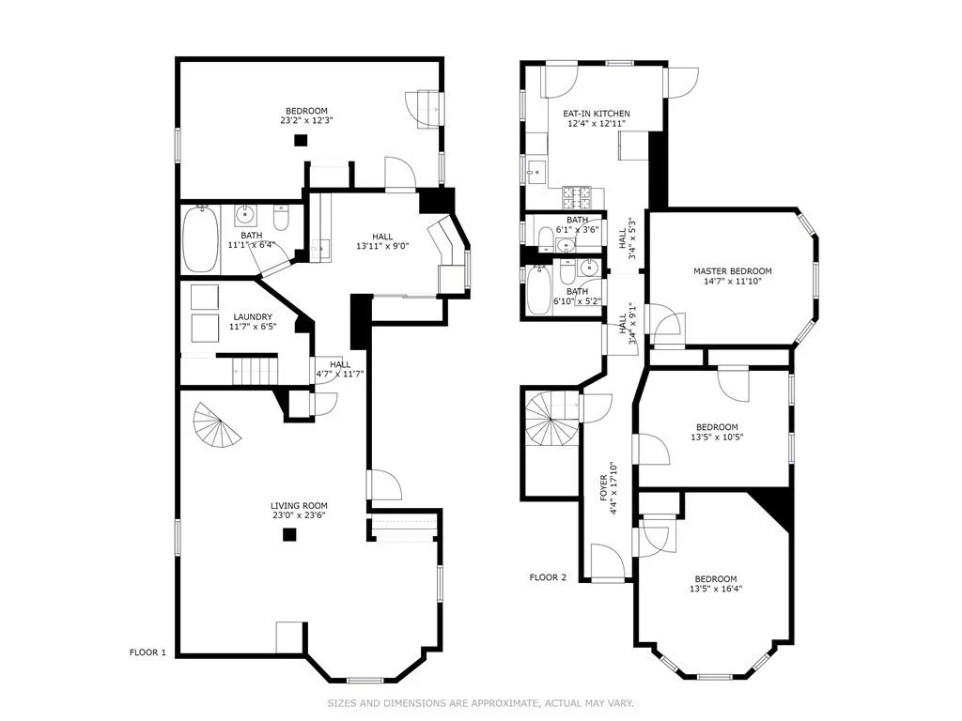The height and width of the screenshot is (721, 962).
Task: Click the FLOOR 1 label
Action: pyautogui.click(x=147, y=652)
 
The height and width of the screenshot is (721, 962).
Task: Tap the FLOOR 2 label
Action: pyautogui.click(x=548, y=577)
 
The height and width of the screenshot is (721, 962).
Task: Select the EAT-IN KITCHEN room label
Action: pyautogui.click(x=597, y=114)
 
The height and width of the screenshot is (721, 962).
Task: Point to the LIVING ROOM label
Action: pyautogui.click(x=299, y=505)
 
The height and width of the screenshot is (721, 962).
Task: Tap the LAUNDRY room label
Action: pyautogui.click(x=252, y=316)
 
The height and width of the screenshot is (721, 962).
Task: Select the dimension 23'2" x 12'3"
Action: pyautogui.click(x=306, y=120)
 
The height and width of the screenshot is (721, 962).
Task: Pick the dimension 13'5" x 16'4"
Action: pyautogui.click(x=716, y=590)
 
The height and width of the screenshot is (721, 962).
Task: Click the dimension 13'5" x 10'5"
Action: pyautogui.click(x=716, y=437)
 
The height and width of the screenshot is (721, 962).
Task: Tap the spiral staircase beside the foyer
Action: pyautogui.click(x=553, y=422)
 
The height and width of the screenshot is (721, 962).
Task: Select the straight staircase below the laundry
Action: pyautogui.click(x=255, y=370)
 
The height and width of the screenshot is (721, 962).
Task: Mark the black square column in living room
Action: pyautogui.click(x=290, y=535)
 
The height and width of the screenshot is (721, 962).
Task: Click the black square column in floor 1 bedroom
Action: pyautogui.click(x=301, y=141)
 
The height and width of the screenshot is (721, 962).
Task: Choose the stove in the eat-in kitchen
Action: pyautogui.click(x=579, y=197)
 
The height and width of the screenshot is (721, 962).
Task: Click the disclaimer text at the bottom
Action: pyautogui.click(x=480, y=702)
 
